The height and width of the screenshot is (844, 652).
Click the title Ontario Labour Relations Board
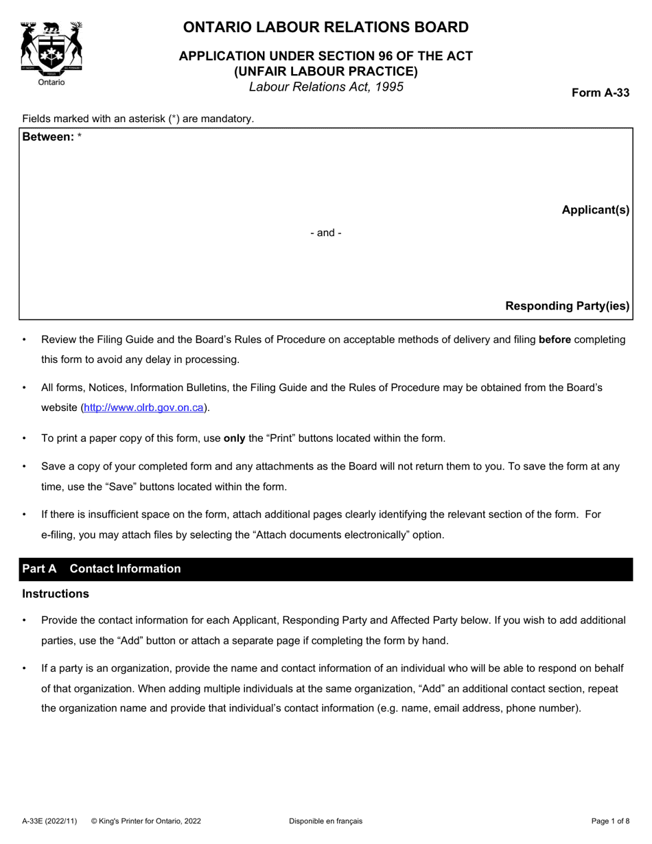tap(325, 27)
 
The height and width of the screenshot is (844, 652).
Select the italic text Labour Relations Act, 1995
tap(325, 86)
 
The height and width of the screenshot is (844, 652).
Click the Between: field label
tap(48, 137)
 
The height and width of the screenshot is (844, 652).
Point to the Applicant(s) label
tap(595, 210)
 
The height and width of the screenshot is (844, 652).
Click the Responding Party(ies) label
tap(567, 306)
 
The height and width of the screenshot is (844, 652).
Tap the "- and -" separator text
tap(325, 233)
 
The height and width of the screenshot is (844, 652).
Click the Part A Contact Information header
tap(102, 569)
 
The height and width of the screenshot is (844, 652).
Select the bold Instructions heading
tap(56, 594)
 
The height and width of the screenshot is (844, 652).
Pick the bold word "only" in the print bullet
tap(234, 438)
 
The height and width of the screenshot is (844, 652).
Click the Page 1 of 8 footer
tap(610, 821)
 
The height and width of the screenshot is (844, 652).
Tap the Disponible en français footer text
tap(325, 821)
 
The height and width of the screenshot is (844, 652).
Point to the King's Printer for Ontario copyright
tap(146, 821)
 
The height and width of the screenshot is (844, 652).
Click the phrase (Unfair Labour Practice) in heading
tap(325, 71)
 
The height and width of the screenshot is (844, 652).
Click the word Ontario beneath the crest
tap(51, 82)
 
